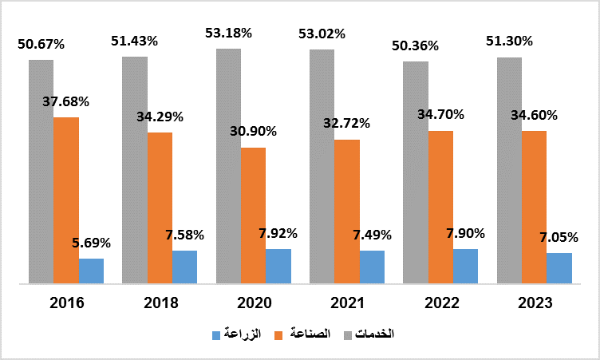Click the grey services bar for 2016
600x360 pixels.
(x=41, y=171)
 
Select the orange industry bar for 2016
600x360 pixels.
(x=66, y=200)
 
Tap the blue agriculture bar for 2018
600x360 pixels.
(x=184, y=267)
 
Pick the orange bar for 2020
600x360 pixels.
(x=253, y=215)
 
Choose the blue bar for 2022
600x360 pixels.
(x=465, y=266)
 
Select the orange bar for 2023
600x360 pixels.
(x=534, y=207)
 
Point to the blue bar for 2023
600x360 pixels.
(x=559, y=267)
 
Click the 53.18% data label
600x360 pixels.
(x=229, y=33)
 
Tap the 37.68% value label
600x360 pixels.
(x=66, y=101)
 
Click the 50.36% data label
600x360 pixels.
(x=416, y=45)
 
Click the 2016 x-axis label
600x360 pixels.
(x=66, y=303)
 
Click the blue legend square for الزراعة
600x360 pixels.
(x=216, y=333)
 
